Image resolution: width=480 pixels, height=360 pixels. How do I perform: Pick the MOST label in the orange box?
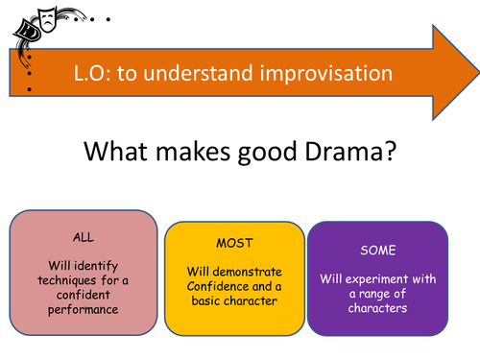233,244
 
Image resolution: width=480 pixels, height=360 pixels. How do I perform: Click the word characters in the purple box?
377,307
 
